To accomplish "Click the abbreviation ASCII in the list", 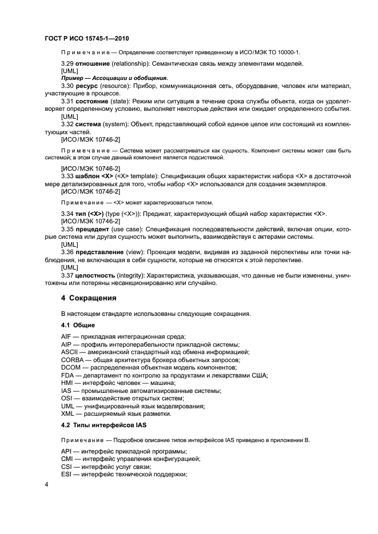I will pyautogui.click(x=69, y=352).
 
